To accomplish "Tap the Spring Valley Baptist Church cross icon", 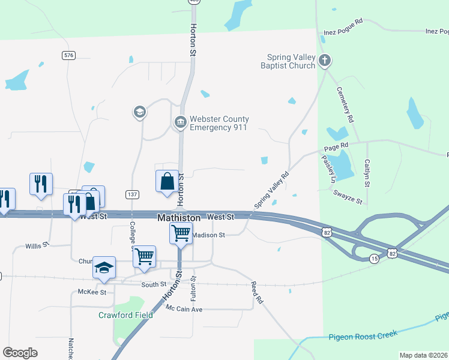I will pos(325,60).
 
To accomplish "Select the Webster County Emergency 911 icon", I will pos(180,123).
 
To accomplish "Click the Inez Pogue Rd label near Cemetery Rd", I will pos(343,21).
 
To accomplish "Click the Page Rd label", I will pos(336,146).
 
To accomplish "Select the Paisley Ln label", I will pos(327,170).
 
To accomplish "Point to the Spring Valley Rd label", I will pos(271,190).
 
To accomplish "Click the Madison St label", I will pos(208,235).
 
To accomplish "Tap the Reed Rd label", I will pos(257,292).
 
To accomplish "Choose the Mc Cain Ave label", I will pos(185,309).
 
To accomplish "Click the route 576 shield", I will pos(68,55).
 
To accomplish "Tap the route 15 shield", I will pos(374,258).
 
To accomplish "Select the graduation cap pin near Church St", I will pos(104,267).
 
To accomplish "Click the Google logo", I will pos(20,353).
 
